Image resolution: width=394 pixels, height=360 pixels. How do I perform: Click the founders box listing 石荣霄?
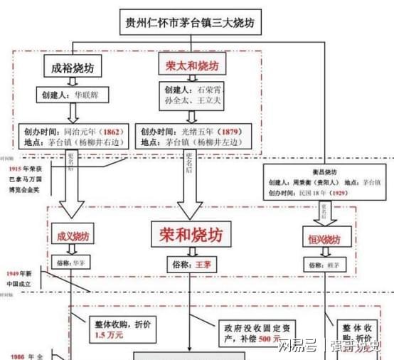196,97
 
